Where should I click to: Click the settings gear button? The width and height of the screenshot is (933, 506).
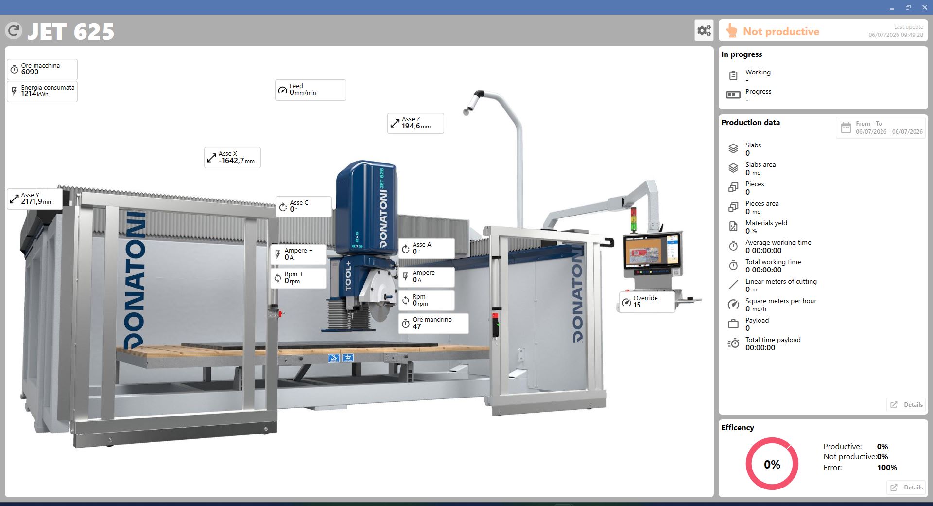(704, 31)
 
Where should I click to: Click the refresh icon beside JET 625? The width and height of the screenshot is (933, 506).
(14, 31)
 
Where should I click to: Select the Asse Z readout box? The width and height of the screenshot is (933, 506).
(415, 123)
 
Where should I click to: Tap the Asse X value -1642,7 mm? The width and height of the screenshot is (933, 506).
(237, 161)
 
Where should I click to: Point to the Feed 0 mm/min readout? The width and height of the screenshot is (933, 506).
(311, 90)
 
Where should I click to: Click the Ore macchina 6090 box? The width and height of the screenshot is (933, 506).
(42, 69)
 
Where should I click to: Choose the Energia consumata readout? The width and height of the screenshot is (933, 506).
(42, 91)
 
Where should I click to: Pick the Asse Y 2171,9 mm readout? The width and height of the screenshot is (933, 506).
(35, 199)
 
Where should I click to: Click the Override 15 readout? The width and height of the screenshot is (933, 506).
(647, 302)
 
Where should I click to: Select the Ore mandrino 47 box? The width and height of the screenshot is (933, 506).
(433, 323)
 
